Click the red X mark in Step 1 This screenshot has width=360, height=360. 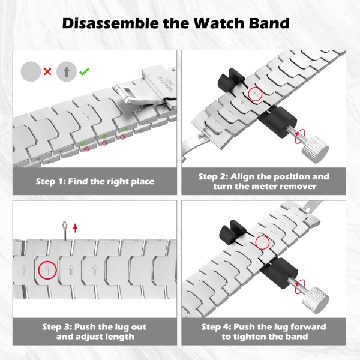coord(47,72)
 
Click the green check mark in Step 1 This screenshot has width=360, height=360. coord(84,71)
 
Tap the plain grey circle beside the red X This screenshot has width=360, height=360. coord(31,71)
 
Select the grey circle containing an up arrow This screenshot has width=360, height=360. coord(67,71)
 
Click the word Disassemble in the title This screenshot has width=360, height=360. coord(110,23)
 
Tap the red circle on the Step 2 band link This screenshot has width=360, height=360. coord(255,94)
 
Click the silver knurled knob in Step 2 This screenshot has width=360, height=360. coord(315,149)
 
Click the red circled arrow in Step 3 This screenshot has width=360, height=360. coord(47,270)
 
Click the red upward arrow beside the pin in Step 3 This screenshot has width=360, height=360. coord(75,228)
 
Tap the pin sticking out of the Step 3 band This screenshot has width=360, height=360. coord(65,230)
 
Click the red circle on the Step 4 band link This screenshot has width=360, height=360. coord(262,242)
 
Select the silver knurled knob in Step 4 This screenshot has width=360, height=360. coord(316,300)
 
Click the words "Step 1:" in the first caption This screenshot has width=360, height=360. coord(51,181)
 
